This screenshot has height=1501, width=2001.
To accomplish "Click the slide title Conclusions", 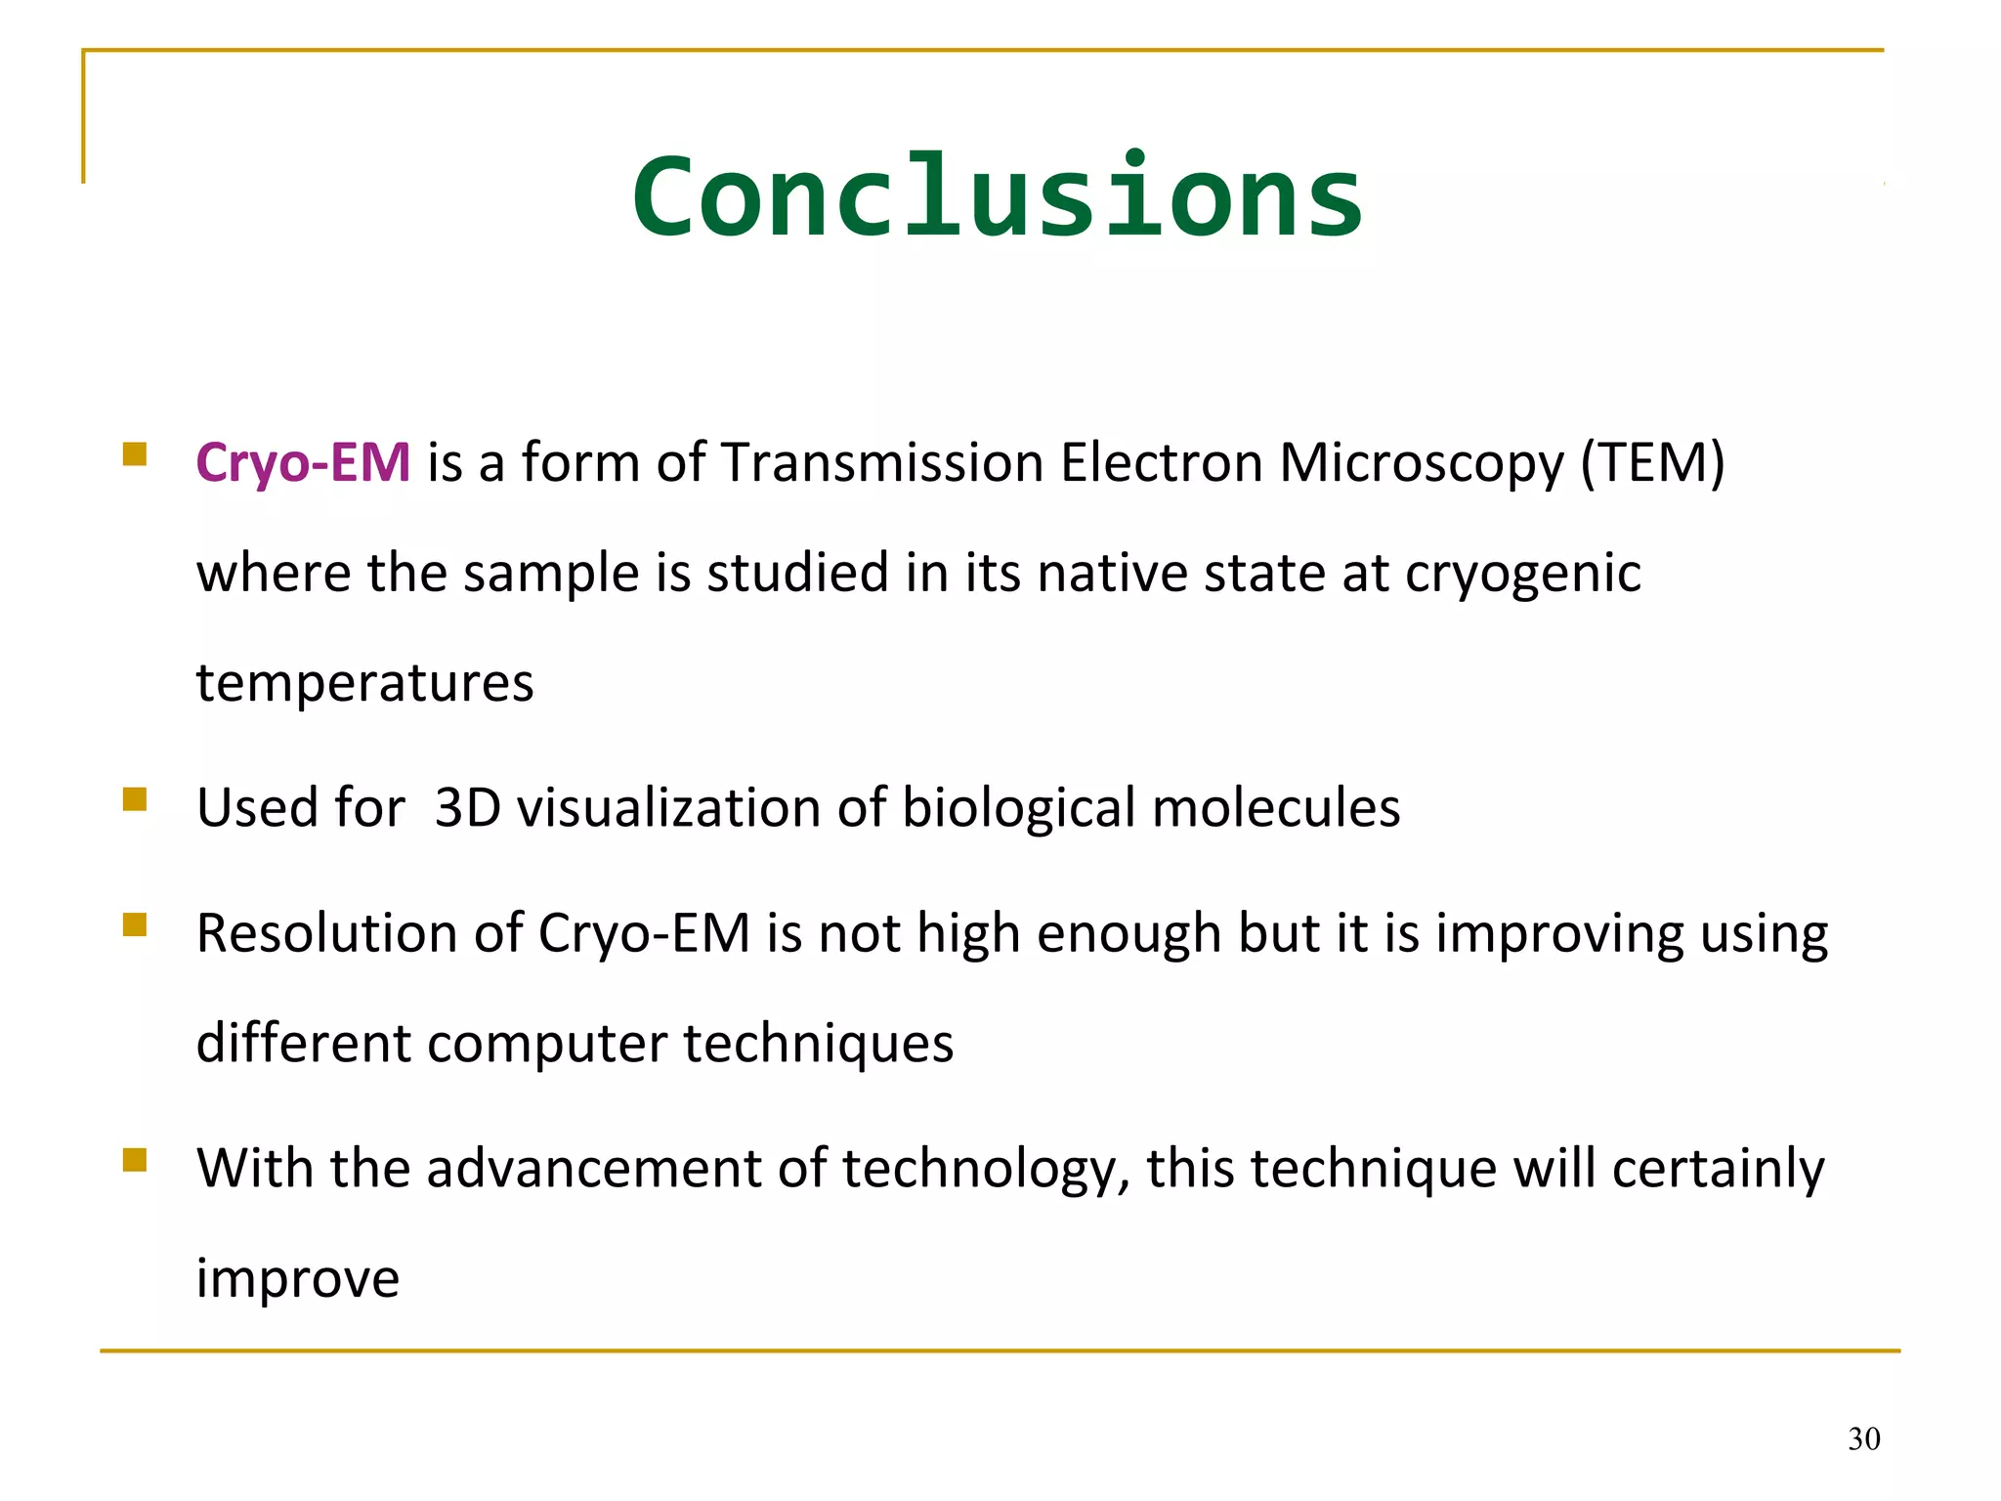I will pos(997,197).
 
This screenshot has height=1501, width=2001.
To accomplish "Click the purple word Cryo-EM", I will pos(303,462).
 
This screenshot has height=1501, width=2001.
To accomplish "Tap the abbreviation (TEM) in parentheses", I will pos(1653,462).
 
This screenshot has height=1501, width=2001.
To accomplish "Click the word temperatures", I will pos(364,683).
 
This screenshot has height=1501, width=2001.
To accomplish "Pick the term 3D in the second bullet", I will pos(467,808).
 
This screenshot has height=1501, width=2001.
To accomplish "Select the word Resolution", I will pos(326,933).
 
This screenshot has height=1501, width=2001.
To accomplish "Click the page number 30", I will pos(1863,1439).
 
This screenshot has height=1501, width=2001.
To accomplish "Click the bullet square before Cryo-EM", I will pos(135,454).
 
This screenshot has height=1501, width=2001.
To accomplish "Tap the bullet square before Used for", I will pos(135,800).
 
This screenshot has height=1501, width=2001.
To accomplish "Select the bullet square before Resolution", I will pos(135,924).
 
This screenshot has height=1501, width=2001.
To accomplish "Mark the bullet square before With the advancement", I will pos(135,1160).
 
